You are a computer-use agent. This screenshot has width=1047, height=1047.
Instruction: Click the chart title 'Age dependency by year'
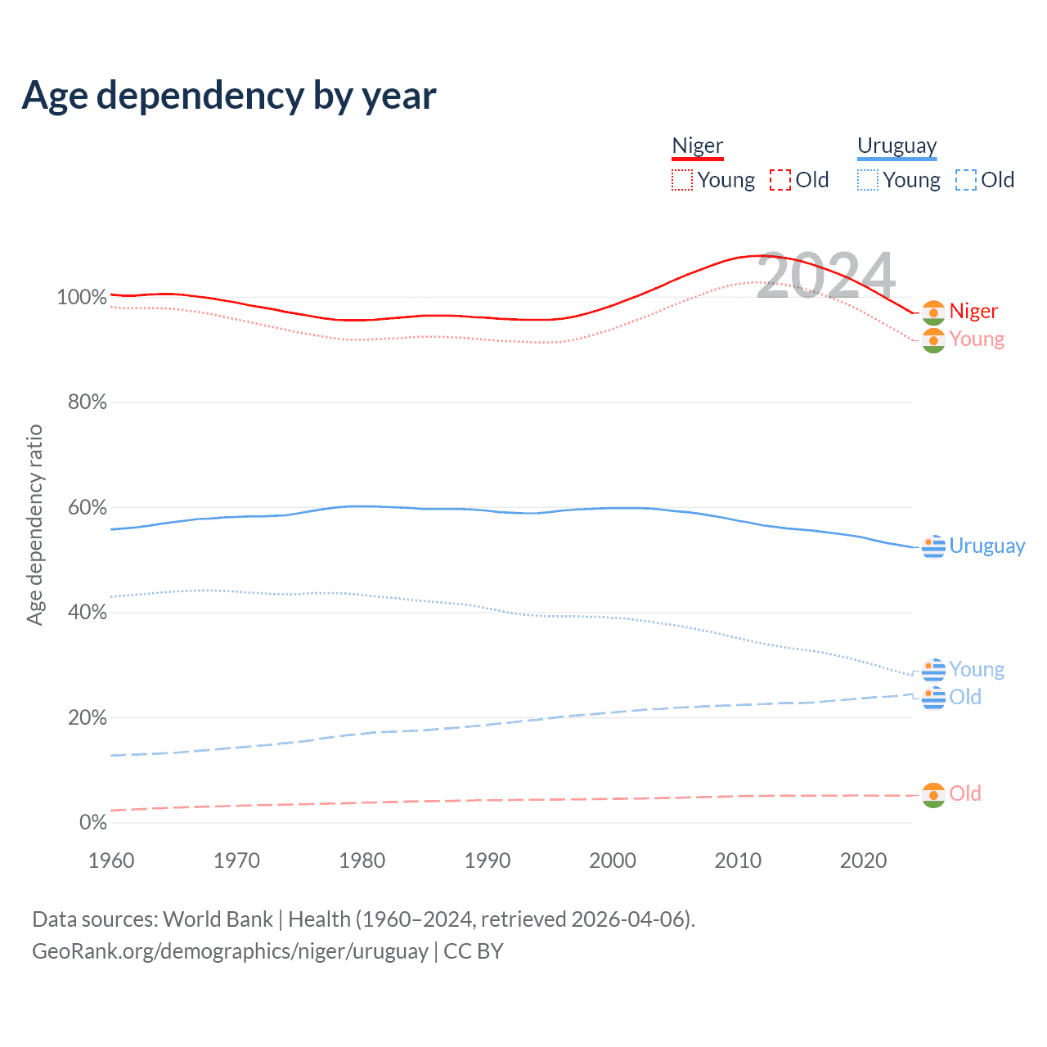click(229, 96)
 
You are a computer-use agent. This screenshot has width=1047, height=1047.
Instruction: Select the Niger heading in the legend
click(698, 146)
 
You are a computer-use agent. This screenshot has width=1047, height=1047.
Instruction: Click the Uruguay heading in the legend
click(896, 146)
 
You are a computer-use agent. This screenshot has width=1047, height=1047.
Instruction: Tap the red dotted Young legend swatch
click(682, 180)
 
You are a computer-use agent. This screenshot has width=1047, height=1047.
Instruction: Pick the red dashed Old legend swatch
click(780, 180)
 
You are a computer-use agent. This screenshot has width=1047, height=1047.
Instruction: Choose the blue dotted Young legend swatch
click(868, 180)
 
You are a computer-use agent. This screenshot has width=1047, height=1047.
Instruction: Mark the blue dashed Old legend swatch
click(966, 180)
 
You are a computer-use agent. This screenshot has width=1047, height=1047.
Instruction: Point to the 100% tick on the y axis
click(82, 298)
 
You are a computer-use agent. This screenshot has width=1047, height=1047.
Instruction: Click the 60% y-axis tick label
click(87, 508)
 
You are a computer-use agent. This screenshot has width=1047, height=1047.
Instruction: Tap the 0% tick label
click(93, 823)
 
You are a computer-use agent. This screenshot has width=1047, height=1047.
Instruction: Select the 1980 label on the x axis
click(362, 861)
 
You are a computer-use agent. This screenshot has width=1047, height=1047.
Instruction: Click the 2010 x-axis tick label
click(738, 861)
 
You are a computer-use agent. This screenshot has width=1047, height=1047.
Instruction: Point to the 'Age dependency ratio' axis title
click(34, 525)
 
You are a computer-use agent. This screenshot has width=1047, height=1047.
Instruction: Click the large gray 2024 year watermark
click(826, 276)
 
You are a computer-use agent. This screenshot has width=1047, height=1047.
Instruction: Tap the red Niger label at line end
click(973, 312)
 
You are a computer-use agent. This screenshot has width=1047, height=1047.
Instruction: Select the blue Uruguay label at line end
click(986, 546)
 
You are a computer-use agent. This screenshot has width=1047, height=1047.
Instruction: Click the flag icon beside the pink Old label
click(933, 795)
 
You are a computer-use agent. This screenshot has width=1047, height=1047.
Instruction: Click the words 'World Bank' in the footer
click(218, 919)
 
